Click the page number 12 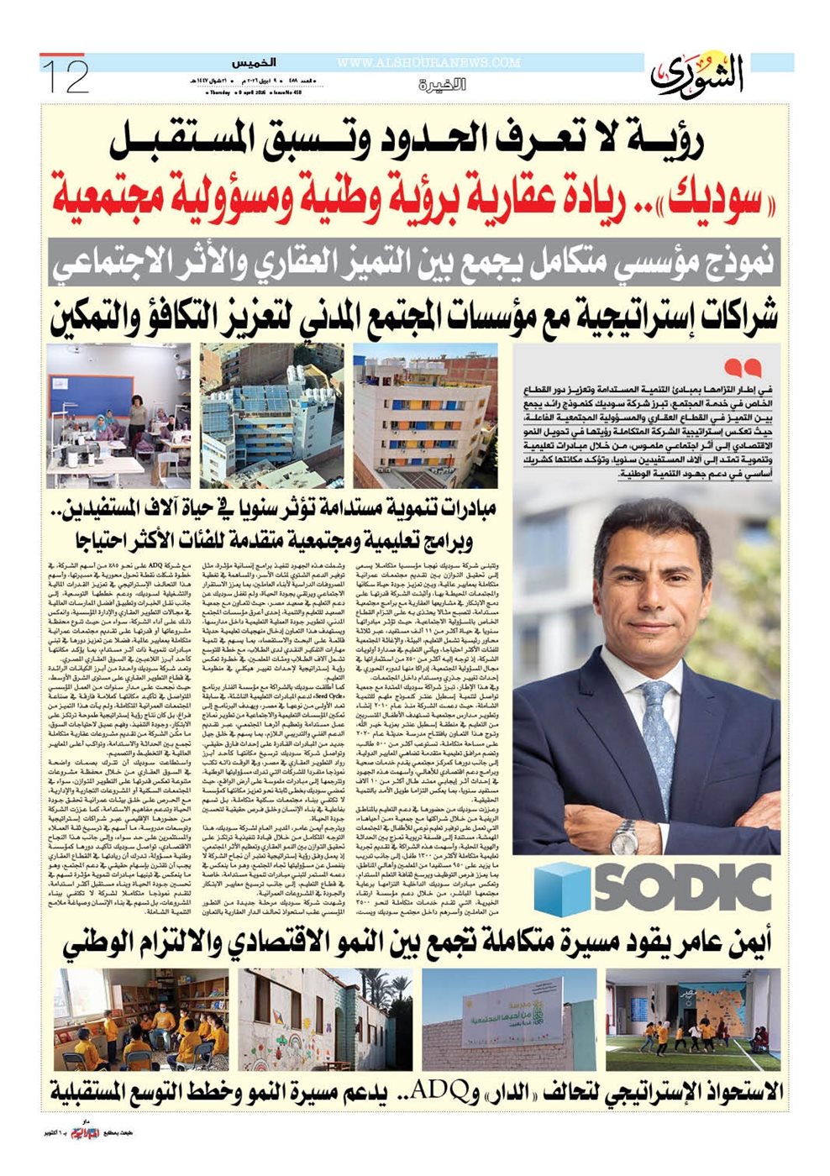tap(65, 76)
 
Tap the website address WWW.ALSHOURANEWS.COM tap(428, 62)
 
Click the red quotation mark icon tap(742, 367)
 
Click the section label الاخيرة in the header tap(438, 85)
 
